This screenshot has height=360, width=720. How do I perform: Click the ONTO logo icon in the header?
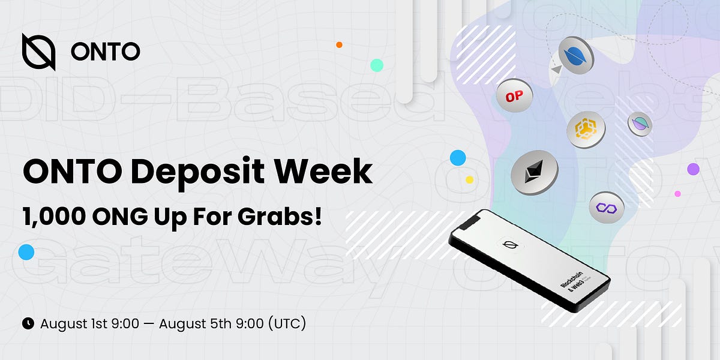[x=39, y=52]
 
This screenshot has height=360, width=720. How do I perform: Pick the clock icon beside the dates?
[x=28, y=323]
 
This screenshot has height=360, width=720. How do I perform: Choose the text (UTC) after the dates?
[x=287, y=323]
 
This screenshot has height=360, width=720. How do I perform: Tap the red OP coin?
[x=514, y=96]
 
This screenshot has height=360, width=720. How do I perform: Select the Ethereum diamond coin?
[x=534, y=172]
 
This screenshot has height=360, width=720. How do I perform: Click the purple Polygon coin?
[x=606, y=208]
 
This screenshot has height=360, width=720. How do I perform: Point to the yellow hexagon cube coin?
[x=586, y=130]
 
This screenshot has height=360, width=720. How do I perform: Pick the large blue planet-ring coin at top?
[x=576, y=54]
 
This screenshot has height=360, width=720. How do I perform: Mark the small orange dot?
[x=339, y=45]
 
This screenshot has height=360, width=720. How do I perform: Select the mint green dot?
[x=377, y=65]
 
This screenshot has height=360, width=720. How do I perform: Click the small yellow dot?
[x=469, y=179]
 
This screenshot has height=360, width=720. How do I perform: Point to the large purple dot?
[x=693, y=169]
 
